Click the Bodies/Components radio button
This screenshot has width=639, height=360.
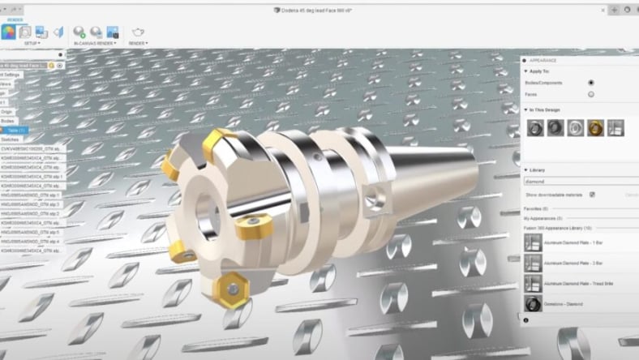pos(590,83)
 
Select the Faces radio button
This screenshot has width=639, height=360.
pos(590,94)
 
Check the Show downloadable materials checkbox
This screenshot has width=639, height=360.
pos(592,195)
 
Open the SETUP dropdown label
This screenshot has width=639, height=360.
pos(32,43)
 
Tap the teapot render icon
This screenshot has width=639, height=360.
pos(138,32)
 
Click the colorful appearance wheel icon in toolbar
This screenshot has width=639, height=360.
pos(8,32)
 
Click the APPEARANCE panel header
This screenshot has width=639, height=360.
pos(543,60)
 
